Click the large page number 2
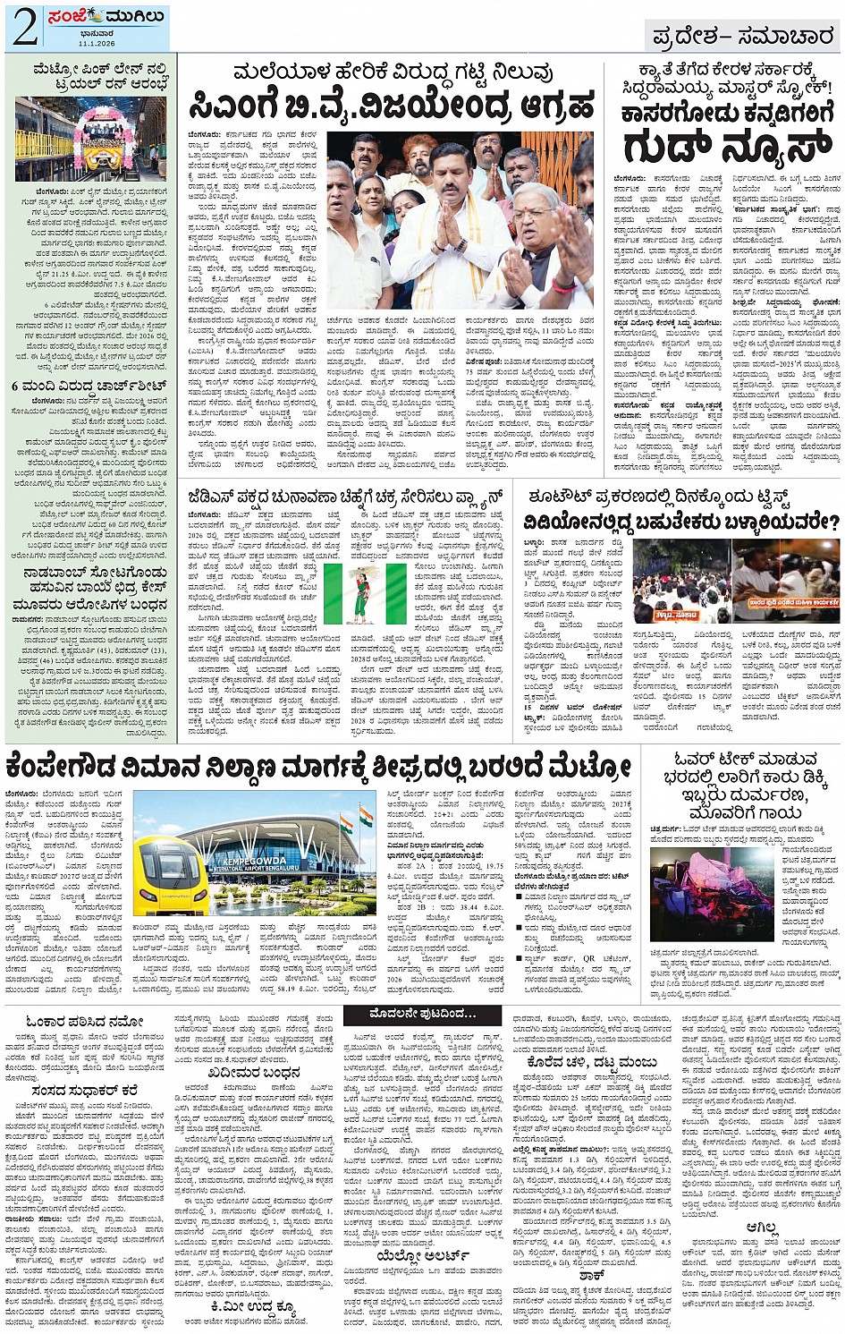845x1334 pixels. coord(24,28)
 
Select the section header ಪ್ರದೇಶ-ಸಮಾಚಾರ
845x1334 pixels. coord(739,37)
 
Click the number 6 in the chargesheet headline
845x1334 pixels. coord(16,386)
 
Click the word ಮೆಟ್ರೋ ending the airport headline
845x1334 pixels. coord(589,766)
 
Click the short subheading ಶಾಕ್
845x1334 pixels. coord(592,1276)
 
